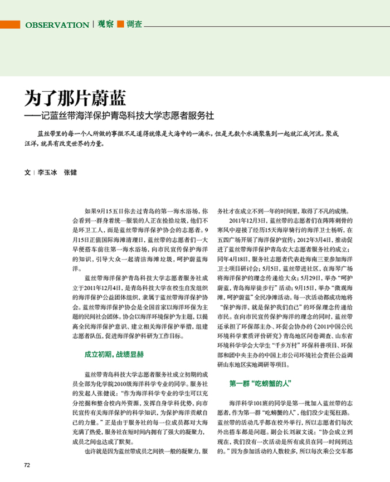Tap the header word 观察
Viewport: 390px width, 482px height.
click(106, 24)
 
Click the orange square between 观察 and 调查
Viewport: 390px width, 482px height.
click(120, 24)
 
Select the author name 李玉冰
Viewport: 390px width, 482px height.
click(47, 173)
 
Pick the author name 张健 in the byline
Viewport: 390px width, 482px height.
click(71, 173)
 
